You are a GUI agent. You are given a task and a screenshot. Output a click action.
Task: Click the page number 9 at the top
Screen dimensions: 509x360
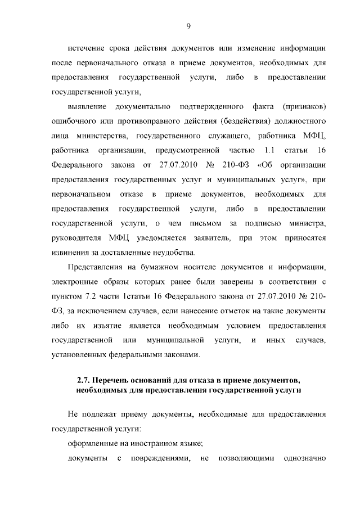point(189,25)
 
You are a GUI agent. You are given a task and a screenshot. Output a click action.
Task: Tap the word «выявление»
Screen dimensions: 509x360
point(86,106)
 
